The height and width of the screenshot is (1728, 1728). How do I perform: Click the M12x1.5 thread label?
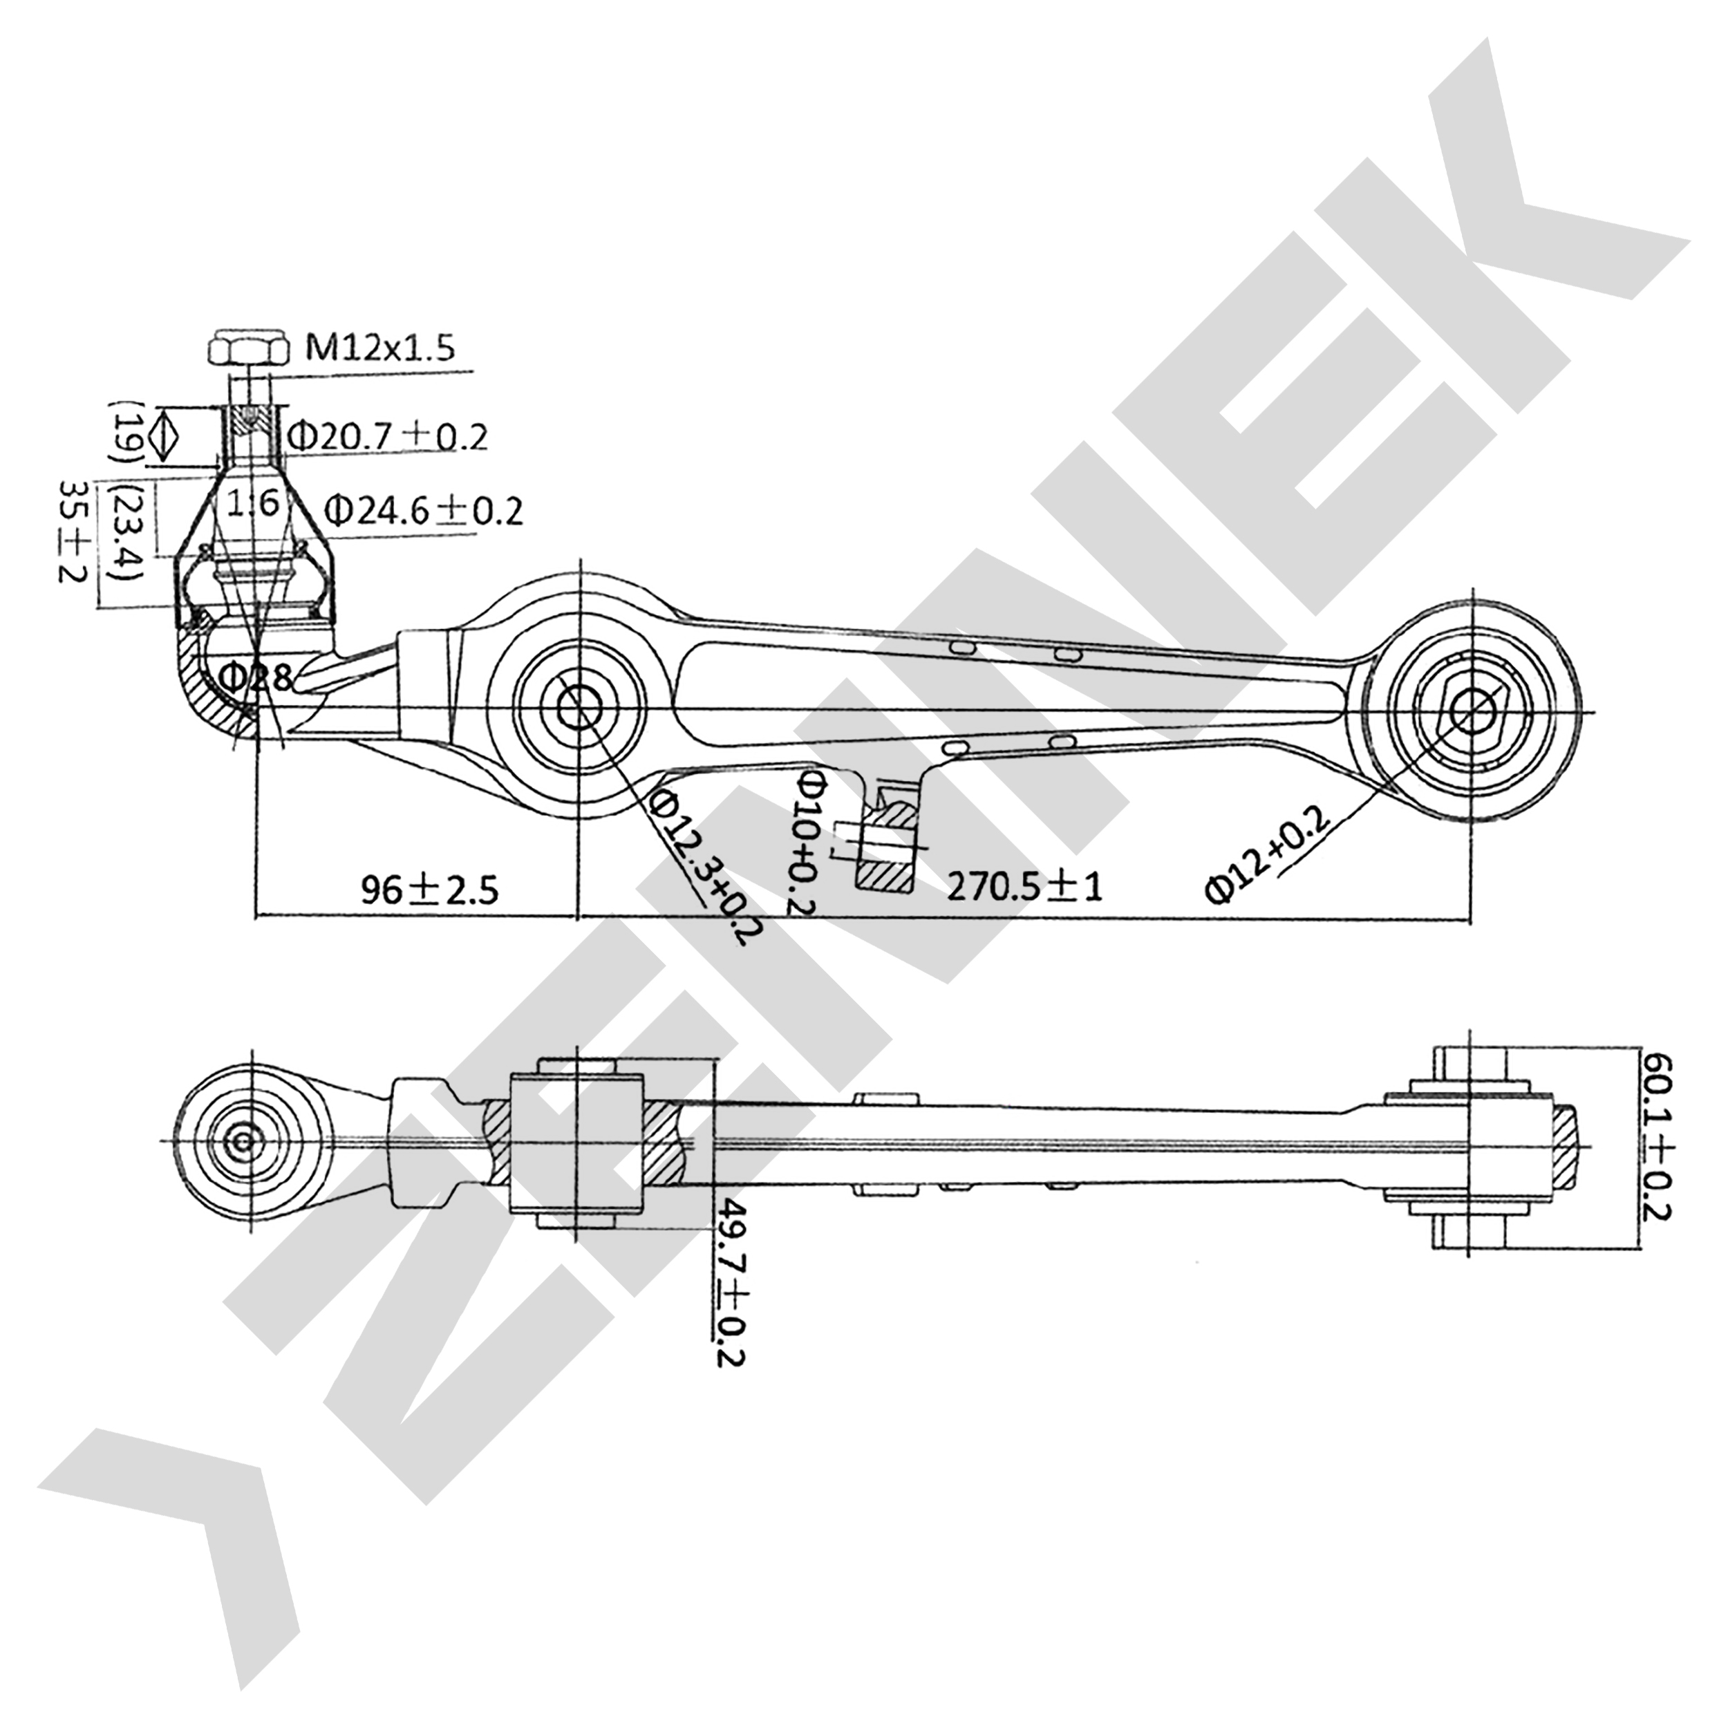click(379, 347)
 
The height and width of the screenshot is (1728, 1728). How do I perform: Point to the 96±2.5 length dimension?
click(429, 889)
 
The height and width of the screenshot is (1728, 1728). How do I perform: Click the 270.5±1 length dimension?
click(1025, 886)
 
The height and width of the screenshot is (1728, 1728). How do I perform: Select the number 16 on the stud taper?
click(252, 505)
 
